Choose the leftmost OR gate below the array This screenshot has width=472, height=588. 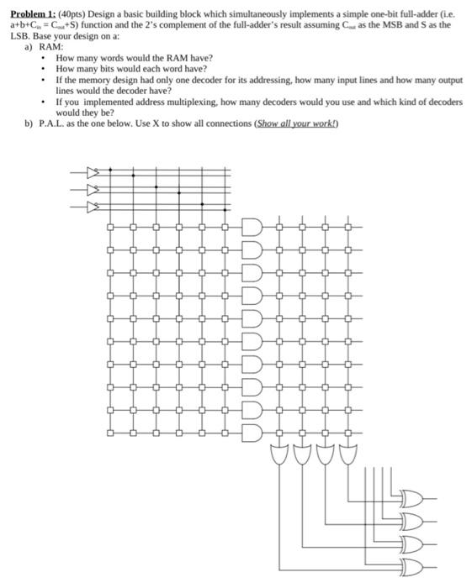pos(279,456)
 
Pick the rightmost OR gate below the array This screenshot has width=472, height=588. pos(347,456)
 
